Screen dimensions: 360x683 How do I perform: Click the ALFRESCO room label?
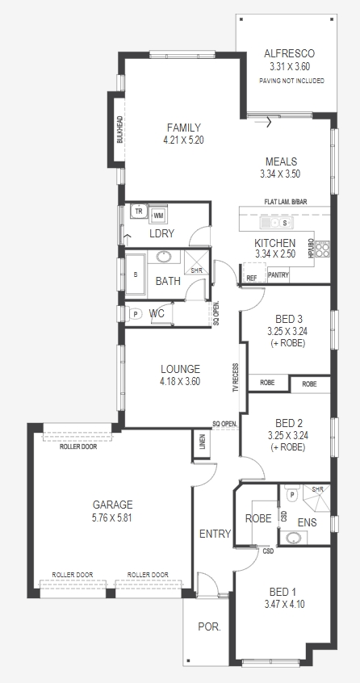(289, 53)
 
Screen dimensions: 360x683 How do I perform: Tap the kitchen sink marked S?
(276, 223)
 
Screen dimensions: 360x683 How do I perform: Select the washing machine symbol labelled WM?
(158, 216)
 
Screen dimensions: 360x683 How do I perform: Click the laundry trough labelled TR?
(139, 212)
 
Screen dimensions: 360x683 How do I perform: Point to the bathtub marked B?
(136, 274)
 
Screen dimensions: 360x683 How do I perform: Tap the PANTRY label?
(278, 275)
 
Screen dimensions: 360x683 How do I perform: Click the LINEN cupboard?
(202, 444)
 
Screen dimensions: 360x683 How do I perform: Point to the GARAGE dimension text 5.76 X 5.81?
(112, 518)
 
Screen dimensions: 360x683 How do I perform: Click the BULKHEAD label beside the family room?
(119, 129)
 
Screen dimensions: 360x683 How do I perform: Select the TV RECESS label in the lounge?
(236, 378)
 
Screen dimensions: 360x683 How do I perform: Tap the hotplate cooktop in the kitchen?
(323, 249)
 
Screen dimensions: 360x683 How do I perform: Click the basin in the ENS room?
(293, 538)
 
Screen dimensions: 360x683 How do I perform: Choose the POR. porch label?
(209, 626)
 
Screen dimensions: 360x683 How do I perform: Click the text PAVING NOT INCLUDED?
(291, 81)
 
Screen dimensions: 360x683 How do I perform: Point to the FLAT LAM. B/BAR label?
(286, 202)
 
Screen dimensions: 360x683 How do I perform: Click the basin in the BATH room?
(164, 256)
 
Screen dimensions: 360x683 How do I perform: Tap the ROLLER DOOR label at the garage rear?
(78, 446)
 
